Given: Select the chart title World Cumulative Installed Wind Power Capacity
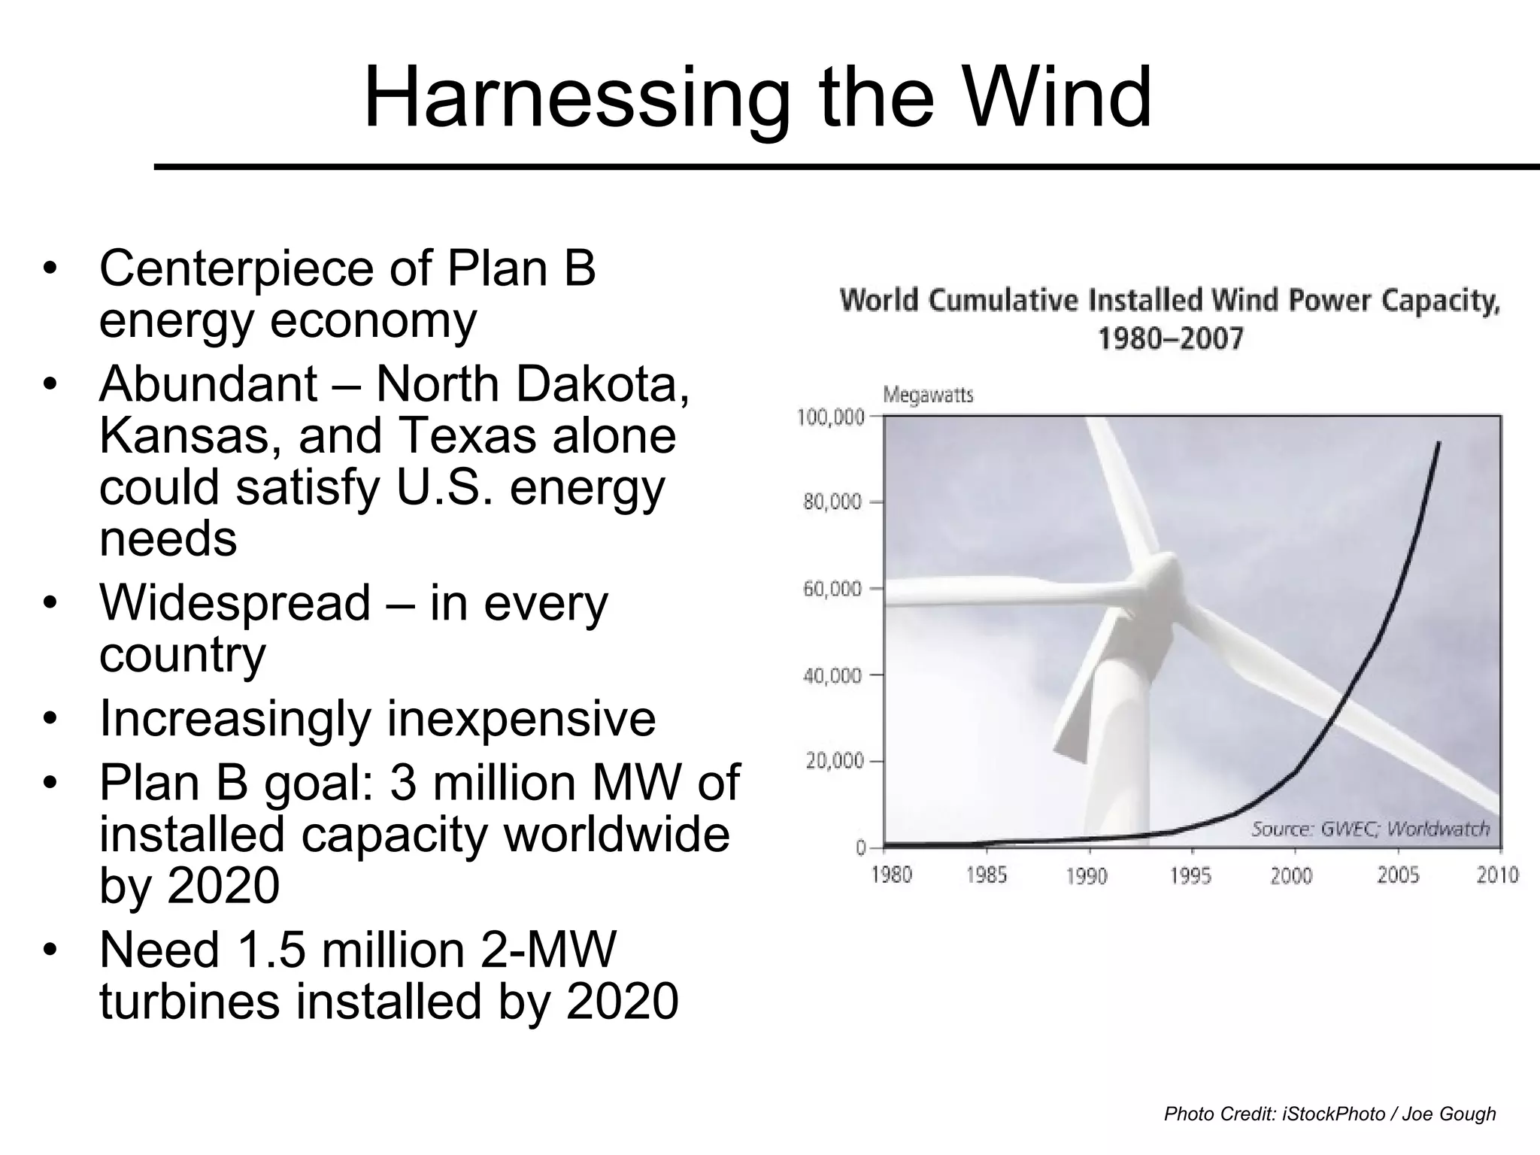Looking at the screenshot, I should [1170, 300].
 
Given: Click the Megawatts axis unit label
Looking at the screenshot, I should [927, 395].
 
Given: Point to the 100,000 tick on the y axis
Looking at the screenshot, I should [830, 417].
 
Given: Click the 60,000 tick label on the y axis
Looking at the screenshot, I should [832, 589].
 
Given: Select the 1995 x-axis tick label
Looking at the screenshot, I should [1190, 876].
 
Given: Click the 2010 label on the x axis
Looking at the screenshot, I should [1497, 875].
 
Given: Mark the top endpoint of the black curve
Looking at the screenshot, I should [1439, 442].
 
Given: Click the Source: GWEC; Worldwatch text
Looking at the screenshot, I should [1370, 829].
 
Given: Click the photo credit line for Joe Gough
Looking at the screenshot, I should [1329, 1114].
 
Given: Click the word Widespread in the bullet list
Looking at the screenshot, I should [235, 603].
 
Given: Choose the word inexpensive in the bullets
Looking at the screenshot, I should [520, 718].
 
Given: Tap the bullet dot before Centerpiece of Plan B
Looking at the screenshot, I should [50, 269].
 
